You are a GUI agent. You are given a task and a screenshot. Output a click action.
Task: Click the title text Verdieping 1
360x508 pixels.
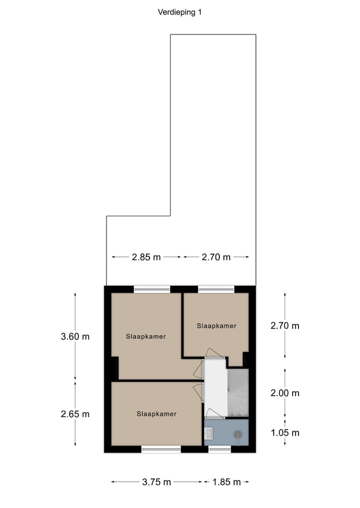[179, 13]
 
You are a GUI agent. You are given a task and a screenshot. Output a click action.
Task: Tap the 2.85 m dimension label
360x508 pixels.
[146, 257]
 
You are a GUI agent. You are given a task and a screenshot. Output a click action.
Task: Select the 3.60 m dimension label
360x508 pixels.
[75, 336]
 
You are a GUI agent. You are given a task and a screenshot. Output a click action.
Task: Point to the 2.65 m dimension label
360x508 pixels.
[75, 414]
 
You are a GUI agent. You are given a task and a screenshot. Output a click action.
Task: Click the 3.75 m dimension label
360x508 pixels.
[156, 482]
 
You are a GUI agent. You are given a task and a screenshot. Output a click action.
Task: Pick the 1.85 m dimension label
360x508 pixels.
[226, 482]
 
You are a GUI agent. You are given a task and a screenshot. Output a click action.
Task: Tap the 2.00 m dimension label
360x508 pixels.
[284, 393]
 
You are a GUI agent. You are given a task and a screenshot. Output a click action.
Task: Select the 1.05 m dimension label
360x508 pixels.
[284, 433]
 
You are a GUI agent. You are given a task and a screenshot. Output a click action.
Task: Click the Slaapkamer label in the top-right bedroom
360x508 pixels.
[216, 326]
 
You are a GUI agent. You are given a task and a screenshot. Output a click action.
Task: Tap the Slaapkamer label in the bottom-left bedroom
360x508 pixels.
[156, 414]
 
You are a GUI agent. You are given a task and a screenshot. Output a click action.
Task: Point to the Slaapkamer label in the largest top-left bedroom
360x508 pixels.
[145, 336]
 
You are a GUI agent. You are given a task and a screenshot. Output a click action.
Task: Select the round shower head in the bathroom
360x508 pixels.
[237, 434]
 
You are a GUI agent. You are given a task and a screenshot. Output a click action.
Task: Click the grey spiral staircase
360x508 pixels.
[237, 393]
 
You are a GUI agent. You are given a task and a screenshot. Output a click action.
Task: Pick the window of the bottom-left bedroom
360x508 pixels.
[161, 449]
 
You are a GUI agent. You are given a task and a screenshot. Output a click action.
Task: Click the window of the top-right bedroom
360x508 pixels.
[216, 289]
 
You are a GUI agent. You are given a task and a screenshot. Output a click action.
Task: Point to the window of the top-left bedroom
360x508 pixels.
[152, 289]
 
